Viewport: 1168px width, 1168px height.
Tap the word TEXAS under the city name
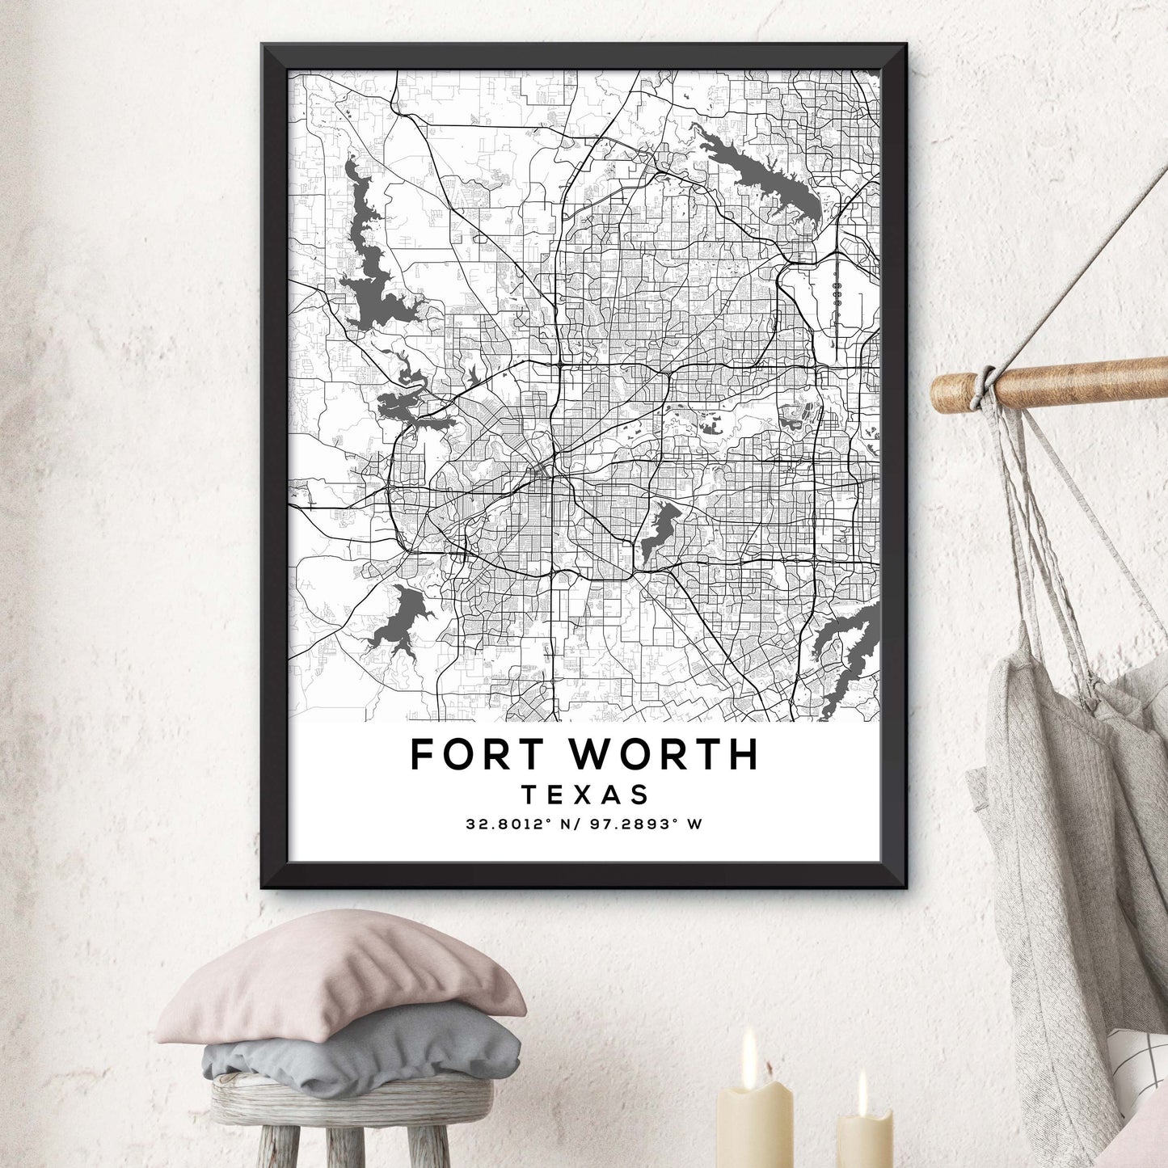point(585,795)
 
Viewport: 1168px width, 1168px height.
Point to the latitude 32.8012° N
point(521,824)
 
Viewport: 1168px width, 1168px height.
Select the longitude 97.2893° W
point(643,824)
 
